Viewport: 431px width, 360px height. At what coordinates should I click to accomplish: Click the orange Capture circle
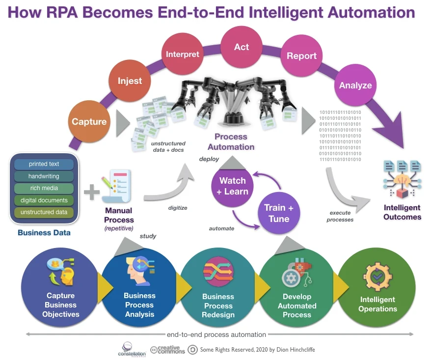[89, 121]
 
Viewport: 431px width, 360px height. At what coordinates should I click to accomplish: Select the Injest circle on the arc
[130, 81]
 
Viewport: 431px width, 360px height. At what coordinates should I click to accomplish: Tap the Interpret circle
[182, 54]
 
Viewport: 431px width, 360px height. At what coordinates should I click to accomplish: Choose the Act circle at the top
[241, 47]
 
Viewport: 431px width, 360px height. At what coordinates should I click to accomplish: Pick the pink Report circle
[301, 56]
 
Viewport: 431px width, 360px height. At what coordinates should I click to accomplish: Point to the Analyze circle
[355, 85]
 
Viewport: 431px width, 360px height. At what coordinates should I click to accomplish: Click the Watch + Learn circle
[233, 186]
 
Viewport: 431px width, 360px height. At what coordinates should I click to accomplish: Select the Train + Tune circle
[279, 213]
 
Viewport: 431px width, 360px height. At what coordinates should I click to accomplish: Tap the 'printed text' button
[44, 164]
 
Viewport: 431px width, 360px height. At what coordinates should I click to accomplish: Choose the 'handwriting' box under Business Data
[44, 176]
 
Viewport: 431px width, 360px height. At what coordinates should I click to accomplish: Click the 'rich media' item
[44, 188]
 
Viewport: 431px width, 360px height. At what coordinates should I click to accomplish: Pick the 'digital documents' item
[44, 200]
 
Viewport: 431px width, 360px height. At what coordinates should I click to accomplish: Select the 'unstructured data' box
[44, 212]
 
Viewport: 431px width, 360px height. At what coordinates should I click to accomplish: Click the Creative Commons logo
[168, 349]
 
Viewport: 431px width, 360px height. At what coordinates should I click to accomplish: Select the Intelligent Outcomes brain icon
[402, 178]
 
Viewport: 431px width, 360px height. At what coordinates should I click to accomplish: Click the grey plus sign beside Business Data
[91, 191]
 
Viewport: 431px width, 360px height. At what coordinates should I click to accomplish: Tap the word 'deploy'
[209, 159]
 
